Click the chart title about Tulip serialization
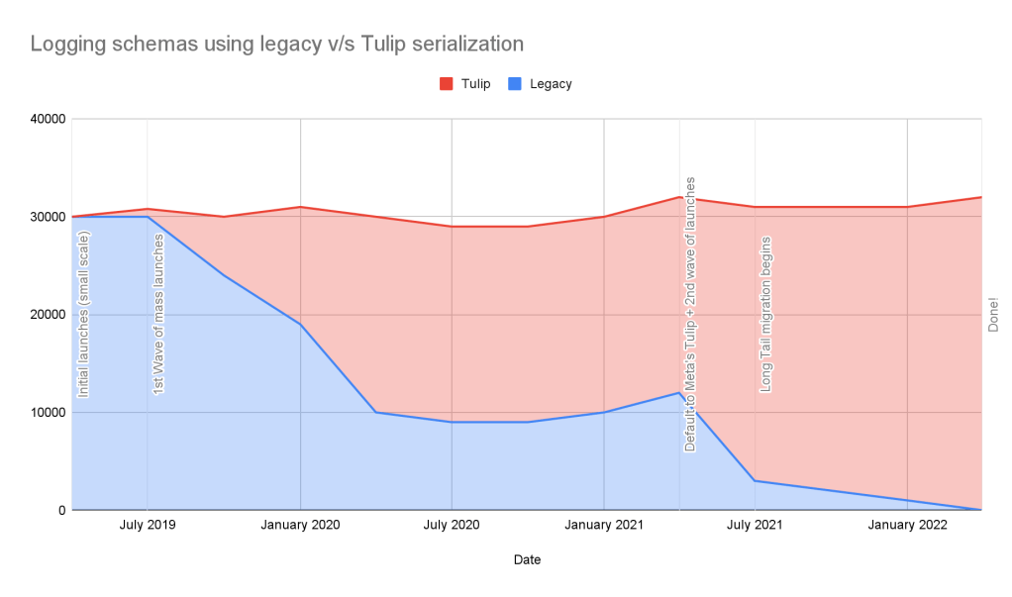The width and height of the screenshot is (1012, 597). (x=276, y=44)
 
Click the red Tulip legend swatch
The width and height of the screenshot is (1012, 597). (x=445, y=84)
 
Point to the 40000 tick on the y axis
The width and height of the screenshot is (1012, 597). (x=48, y=120)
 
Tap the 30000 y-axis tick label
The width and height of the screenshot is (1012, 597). (x=48, y=217)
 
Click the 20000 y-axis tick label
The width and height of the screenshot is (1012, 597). (x=48, y=315)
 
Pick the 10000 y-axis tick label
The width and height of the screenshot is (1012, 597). (x=48, y=413)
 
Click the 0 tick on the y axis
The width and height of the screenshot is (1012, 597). (x=60, y=510)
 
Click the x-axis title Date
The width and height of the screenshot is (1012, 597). (x=527, y=560)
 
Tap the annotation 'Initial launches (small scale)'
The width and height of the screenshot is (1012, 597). (x=83, y=313)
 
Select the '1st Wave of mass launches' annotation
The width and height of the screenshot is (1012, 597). (x=158, y=314)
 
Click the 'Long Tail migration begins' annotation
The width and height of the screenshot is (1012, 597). (x=765, y=314)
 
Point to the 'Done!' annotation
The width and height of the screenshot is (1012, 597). (x=993, y=315)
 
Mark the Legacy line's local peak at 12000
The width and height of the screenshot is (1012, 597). (x=679, y=392)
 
